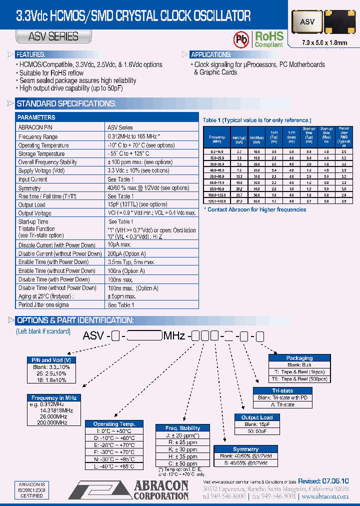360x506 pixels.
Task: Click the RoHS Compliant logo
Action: tap(269, 39)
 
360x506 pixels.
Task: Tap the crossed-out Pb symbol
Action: tap(242, 39)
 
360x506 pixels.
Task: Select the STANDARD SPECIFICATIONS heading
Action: tap(66, 104)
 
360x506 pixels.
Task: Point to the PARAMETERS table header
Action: tap(36, 117)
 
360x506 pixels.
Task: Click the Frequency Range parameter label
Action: tap(38, 136)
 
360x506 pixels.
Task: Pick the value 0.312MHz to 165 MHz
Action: tap(133, 136)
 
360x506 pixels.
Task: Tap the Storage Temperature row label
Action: tap(41, 153)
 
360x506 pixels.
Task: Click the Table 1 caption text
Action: tap(256, 120)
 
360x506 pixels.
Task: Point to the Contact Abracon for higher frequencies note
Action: tap(256, 209)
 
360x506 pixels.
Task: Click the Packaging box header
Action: tap(299, 358)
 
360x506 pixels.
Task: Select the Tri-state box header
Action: tap(282, 391)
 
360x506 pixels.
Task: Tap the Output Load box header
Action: tap(257, 417)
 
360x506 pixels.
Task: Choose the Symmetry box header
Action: tap(245, 449)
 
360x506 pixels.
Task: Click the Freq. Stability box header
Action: tap(182, 428)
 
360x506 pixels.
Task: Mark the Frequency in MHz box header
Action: tap(54, 398)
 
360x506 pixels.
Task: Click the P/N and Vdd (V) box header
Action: tap(51, 360)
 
